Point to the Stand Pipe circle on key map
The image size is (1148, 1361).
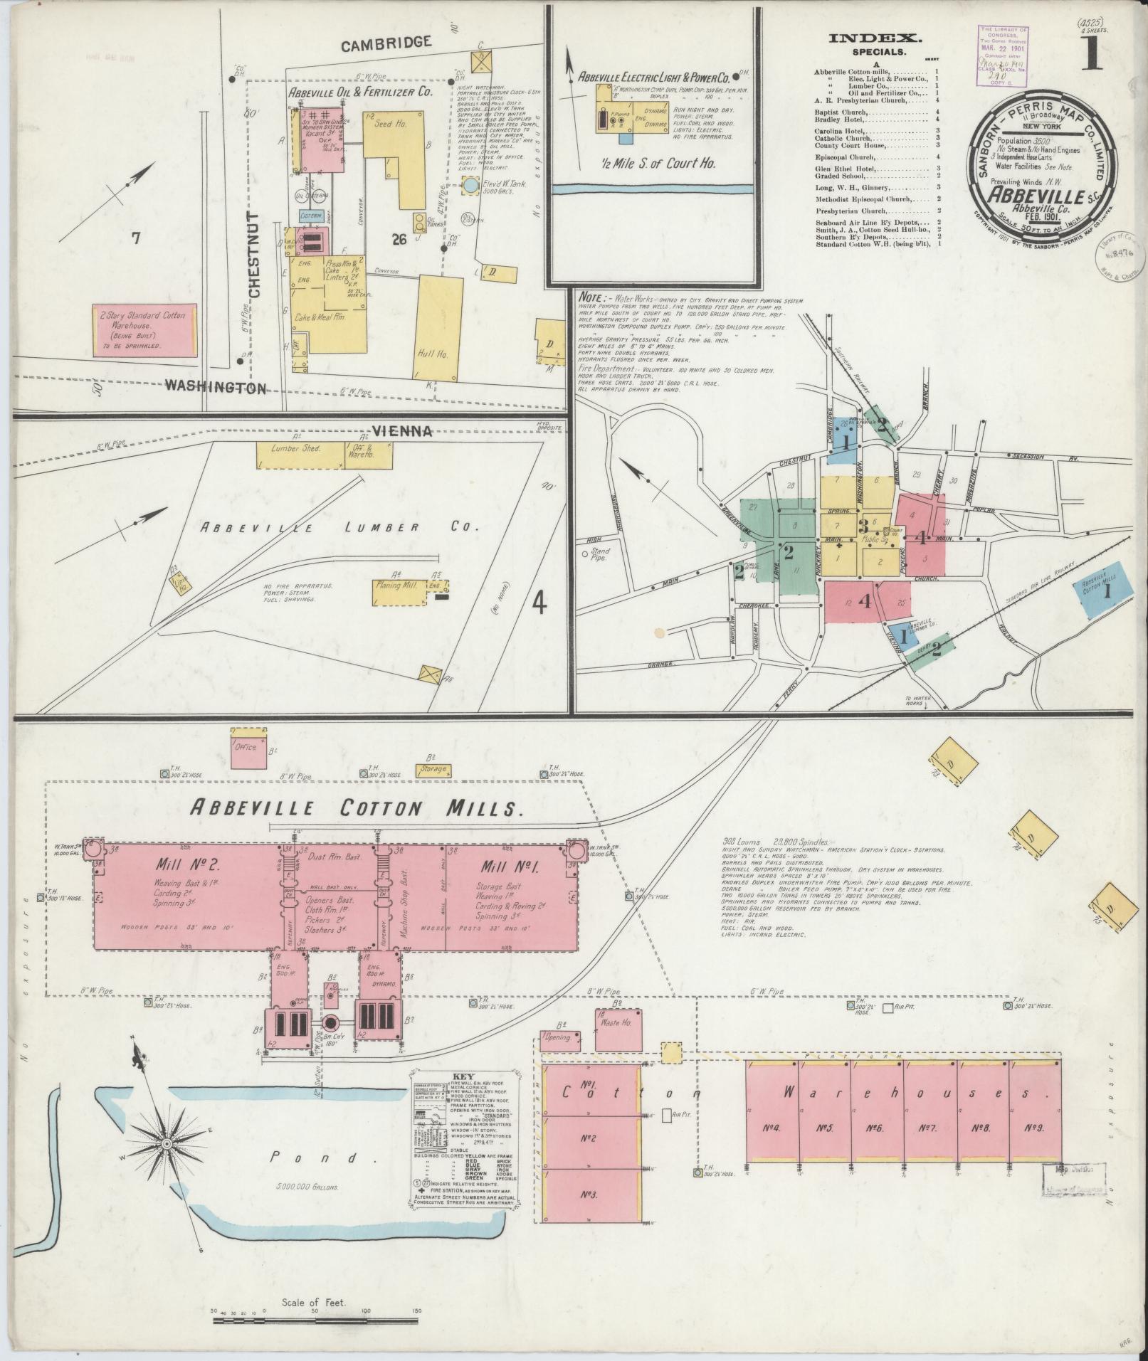585,554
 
